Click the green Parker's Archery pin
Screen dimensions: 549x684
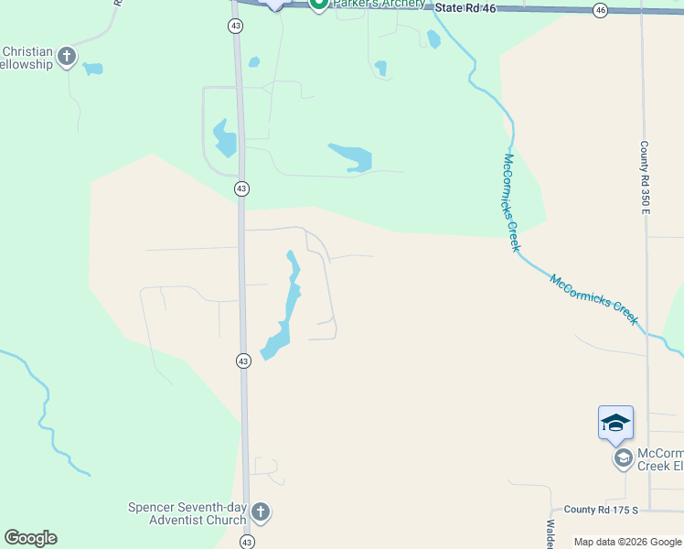[318, 5]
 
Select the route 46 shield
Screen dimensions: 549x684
[600, 10]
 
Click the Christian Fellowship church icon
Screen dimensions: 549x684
[66, 58]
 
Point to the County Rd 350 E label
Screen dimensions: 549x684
[645, 178]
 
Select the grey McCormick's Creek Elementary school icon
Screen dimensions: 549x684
[623, 457]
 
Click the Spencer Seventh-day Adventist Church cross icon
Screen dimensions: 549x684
[261, 511]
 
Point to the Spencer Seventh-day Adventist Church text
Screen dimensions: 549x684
[187, 513]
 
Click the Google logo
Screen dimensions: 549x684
[30, 538]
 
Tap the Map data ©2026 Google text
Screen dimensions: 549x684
[628, 542]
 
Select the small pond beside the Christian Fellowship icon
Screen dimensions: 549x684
[93, 69]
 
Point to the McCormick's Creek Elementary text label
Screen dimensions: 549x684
[659, 459]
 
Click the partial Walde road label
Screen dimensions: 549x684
[551, 534]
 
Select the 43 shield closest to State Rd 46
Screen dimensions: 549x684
[237, 27]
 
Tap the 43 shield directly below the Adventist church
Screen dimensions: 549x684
[247, 543]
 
